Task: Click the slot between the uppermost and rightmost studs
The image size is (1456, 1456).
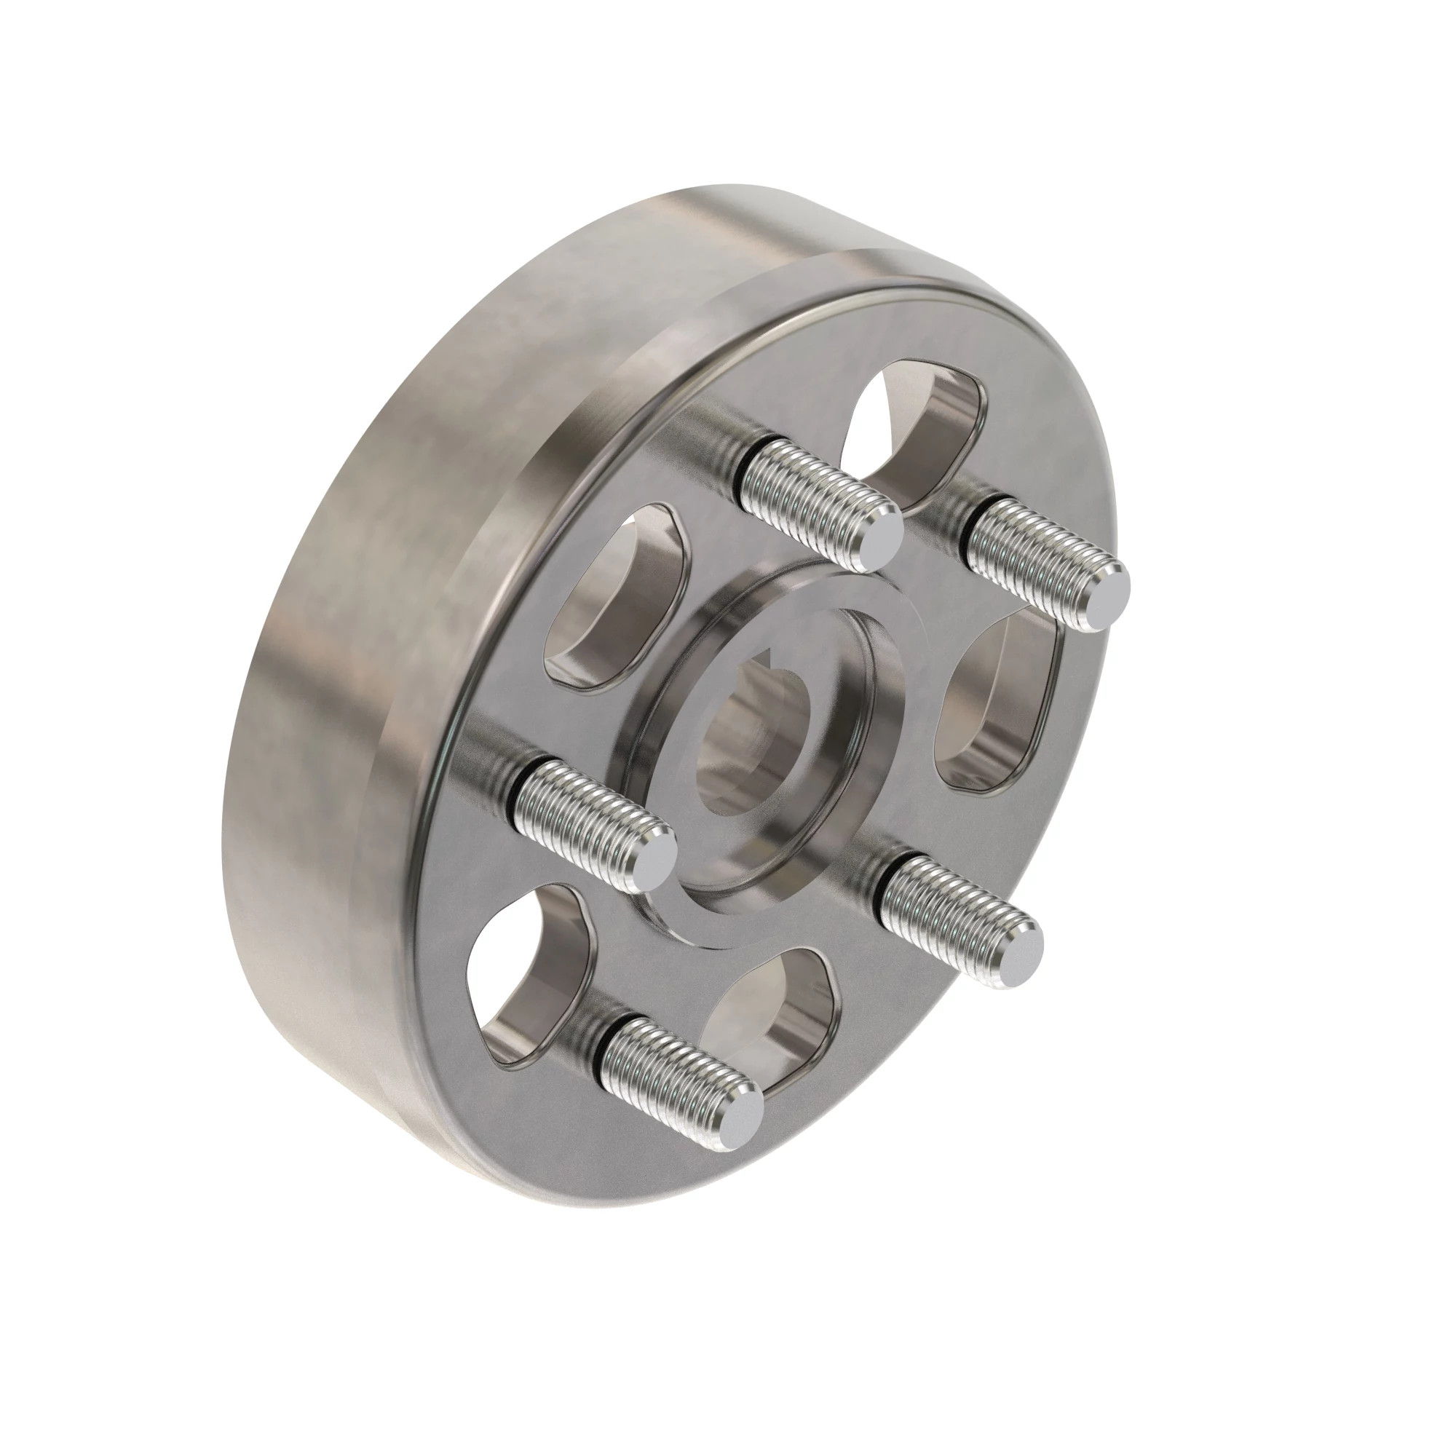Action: click(919, 422)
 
